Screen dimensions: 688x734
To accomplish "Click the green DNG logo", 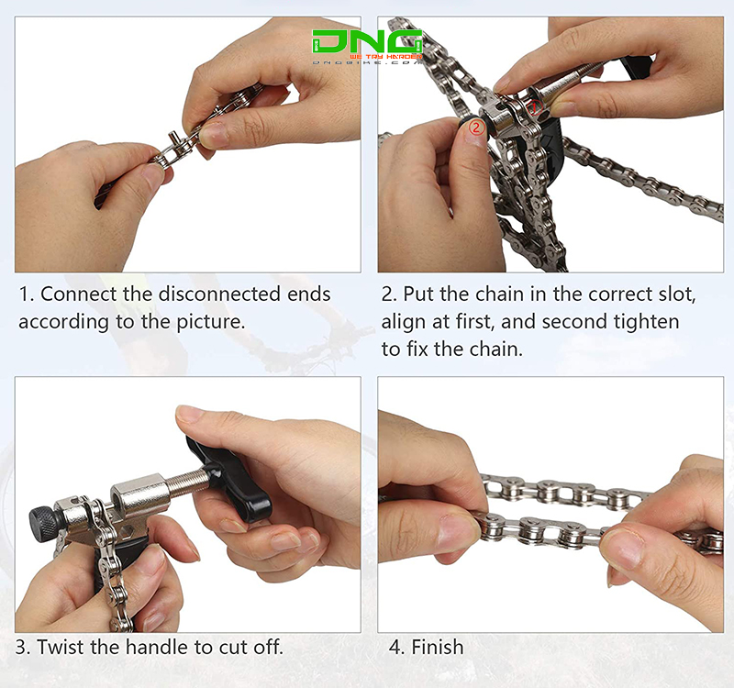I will point(366,43).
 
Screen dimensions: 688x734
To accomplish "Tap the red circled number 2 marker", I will point(475,128).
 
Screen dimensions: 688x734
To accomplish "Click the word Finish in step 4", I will point(437,647).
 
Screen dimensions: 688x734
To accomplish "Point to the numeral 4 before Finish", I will point(395,647).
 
